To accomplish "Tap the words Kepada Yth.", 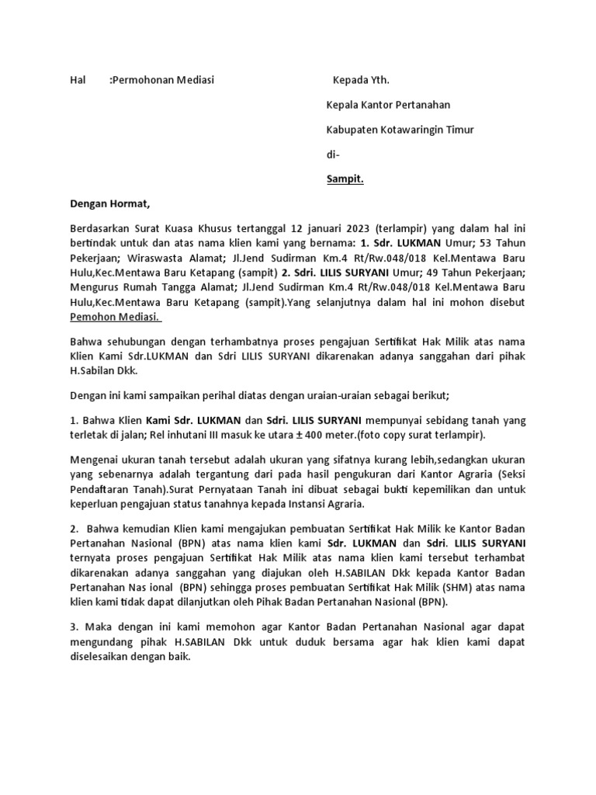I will pyautogui.click(x=361, y=79).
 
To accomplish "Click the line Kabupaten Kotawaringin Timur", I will pyautogui.click(x=400, y=130).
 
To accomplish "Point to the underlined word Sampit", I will pyautogui.click(x=345, y=179).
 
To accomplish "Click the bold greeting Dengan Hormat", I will pyautogui.click(x=109, y=204).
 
